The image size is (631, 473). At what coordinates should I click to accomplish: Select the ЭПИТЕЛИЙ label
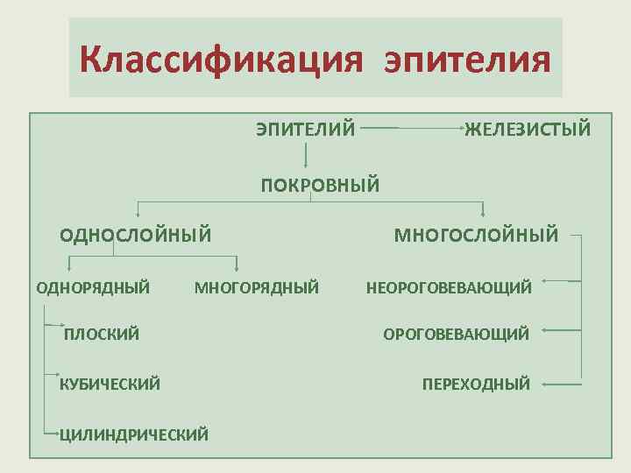(x=306, y=130)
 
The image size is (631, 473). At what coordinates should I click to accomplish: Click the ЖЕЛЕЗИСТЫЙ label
(x=528, y=130)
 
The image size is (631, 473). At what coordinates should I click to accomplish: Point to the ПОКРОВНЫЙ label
(x=320, y=185)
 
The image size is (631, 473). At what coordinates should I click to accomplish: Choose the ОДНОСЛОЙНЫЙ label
(x=136, y=234)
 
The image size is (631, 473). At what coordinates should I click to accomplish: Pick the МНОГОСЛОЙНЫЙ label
(x=476, y=234)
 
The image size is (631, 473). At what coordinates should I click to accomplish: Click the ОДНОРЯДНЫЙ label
(x=93, y=286)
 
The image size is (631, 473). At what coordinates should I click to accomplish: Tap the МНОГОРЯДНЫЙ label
(x=256, y=286)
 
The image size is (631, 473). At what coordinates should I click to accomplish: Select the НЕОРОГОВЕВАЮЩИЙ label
(x=449, y=287)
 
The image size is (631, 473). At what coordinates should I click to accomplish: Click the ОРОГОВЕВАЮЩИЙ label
(x=456, y=334)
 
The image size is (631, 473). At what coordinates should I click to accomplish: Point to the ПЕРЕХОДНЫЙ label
(x=476, y=384)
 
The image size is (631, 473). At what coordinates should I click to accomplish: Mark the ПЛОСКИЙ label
(x=102, y=334)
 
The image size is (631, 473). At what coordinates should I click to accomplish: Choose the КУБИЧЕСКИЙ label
(x=110, y=384)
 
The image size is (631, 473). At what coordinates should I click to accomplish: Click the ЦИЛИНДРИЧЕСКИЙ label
(x=133, y=433)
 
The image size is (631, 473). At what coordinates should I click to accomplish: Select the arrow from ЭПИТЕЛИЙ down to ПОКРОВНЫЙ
(x=306, y=155)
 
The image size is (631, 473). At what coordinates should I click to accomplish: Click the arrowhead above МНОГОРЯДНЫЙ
(x=238, y=268)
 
